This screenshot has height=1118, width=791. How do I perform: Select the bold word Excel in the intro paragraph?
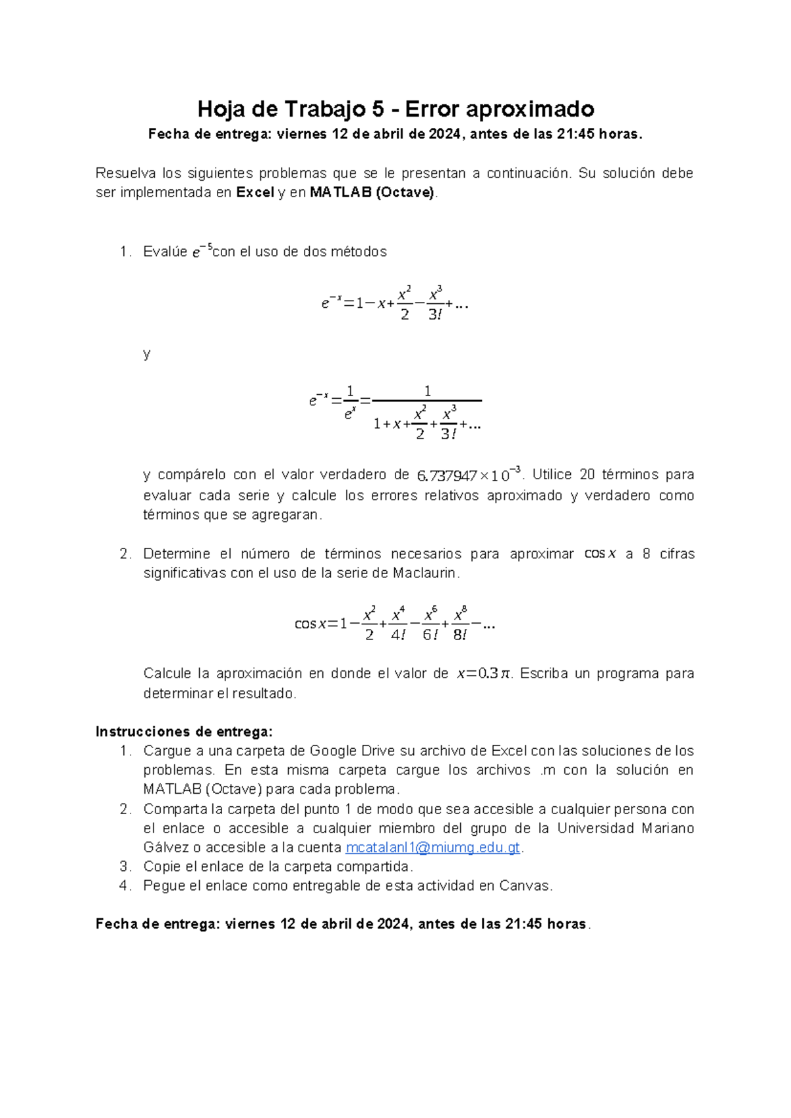[254, 193]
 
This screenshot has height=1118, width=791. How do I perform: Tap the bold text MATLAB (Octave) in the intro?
[372, 193]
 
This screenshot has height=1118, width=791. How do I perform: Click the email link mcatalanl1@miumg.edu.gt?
[433, 848]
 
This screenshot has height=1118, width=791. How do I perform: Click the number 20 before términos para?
[586, 475]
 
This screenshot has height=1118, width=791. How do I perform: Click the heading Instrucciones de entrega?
[184, 732]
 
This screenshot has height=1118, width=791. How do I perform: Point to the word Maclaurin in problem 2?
[425, 573]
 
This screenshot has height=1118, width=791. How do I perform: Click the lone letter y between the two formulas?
[147, 354]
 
